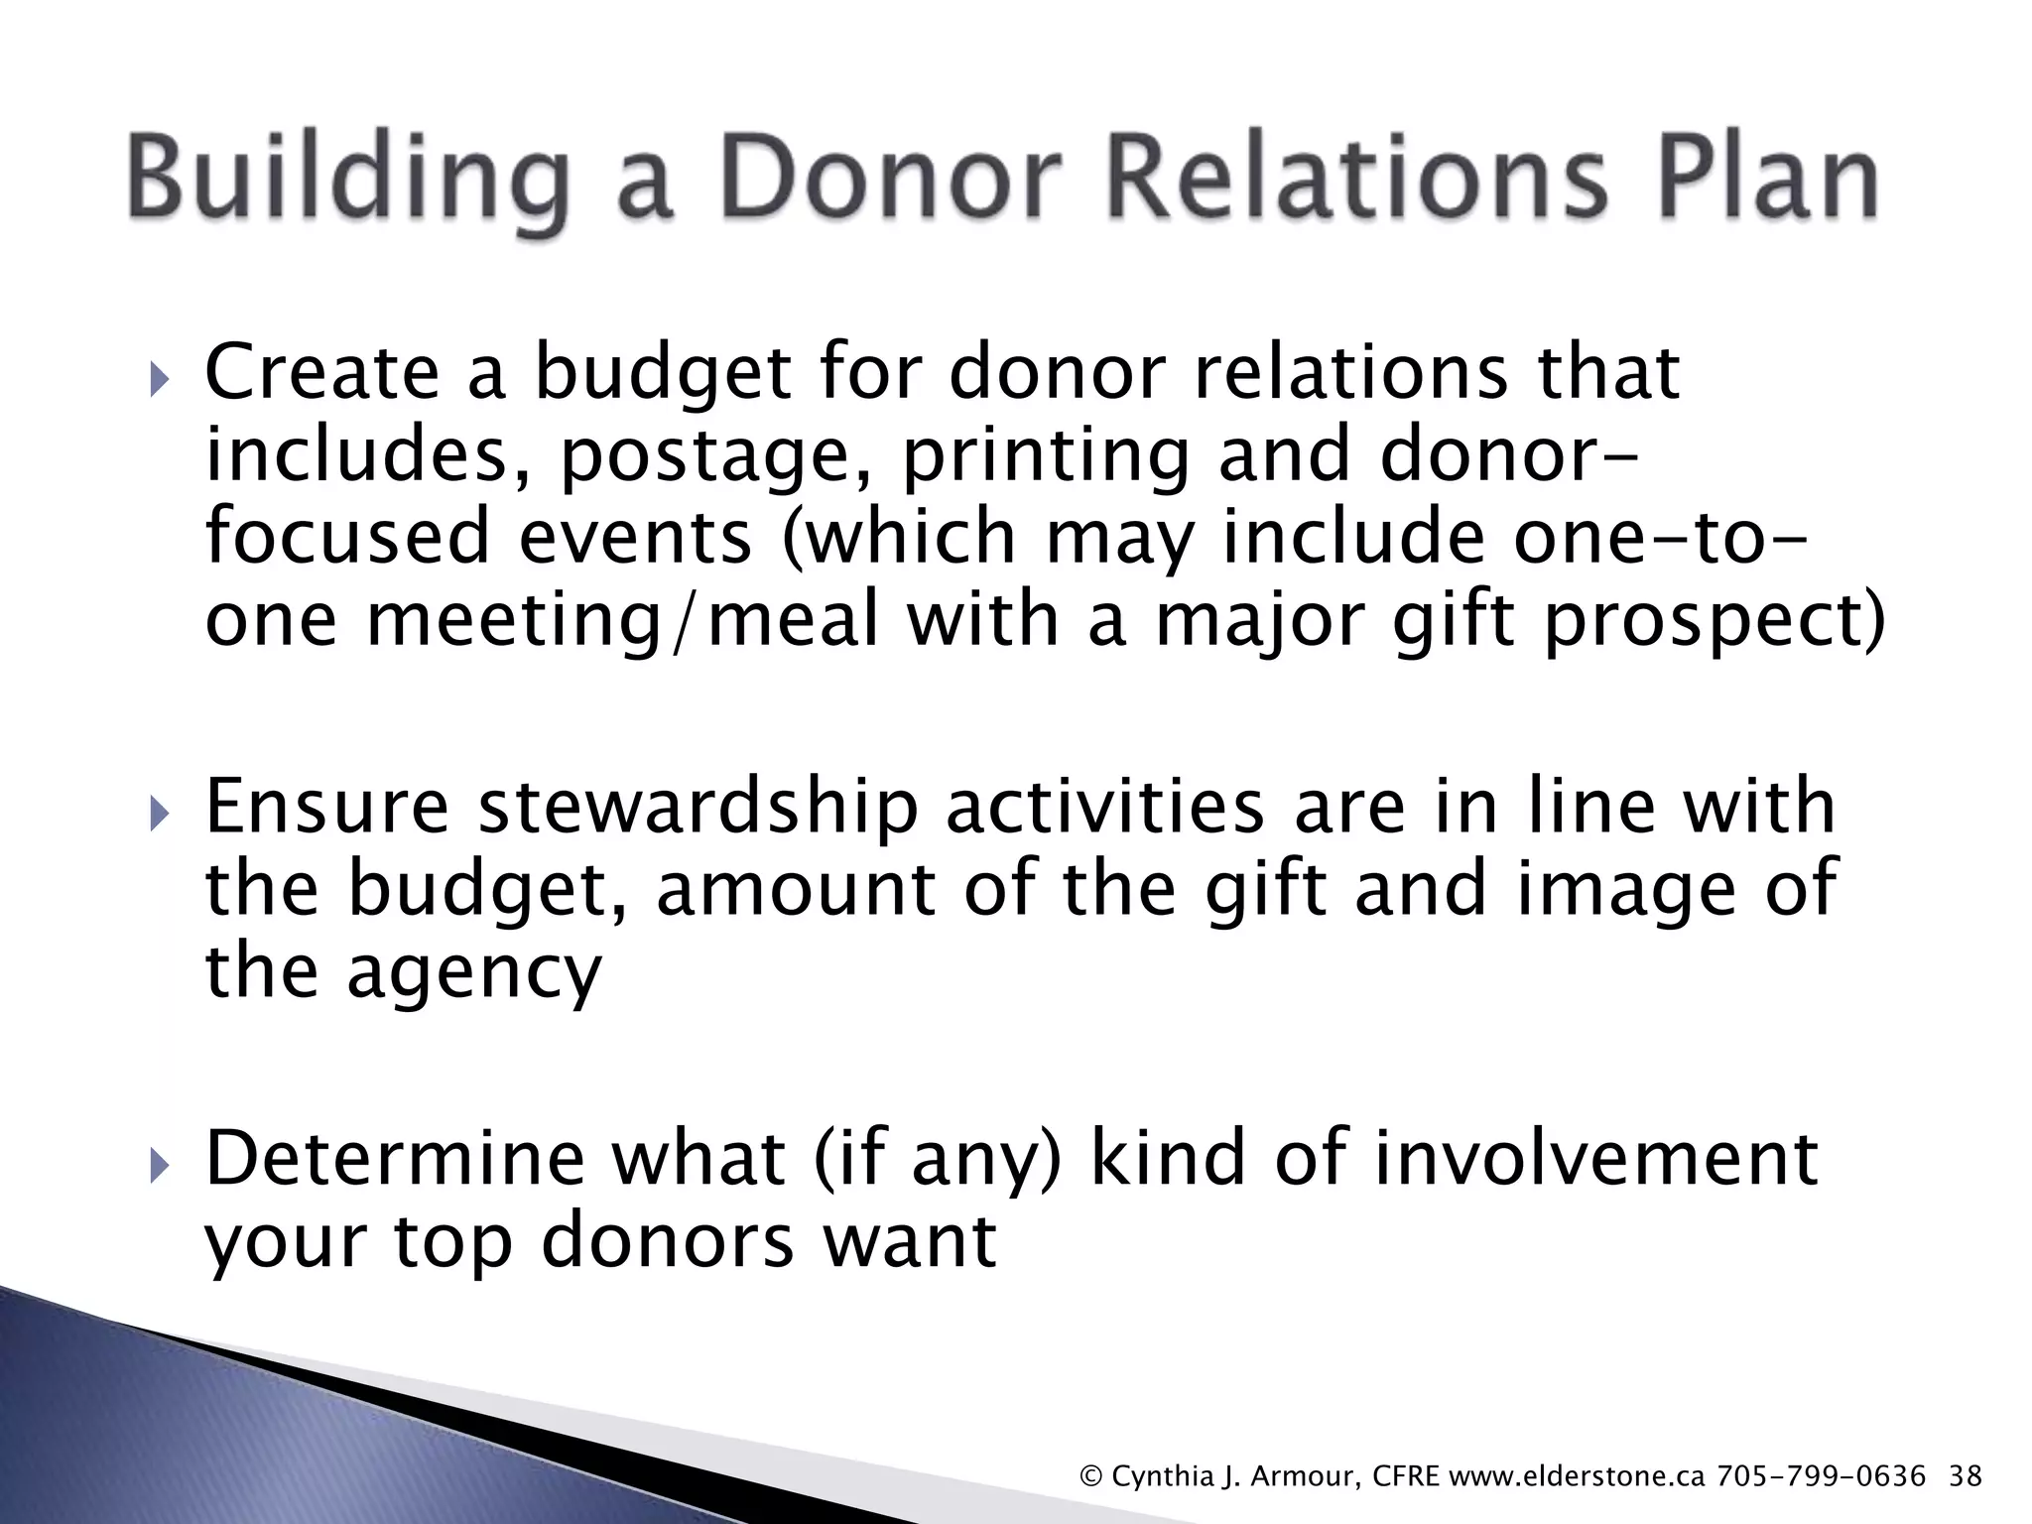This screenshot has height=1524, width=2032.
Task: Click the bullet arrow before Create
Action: click(x=160, y=380)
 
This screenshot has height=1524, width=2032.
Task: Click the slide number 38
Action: click(x=1966, y=1476)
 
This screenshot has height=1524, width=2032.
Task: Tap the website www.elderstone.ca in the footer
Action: click(x=1577, y=1476)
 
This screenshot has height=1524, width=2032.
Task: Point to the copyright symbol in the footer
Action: click(x=1091, y=1476)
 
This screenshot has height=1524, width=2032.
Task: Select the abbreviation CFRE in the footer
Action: click(x=1405, y=1476)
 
